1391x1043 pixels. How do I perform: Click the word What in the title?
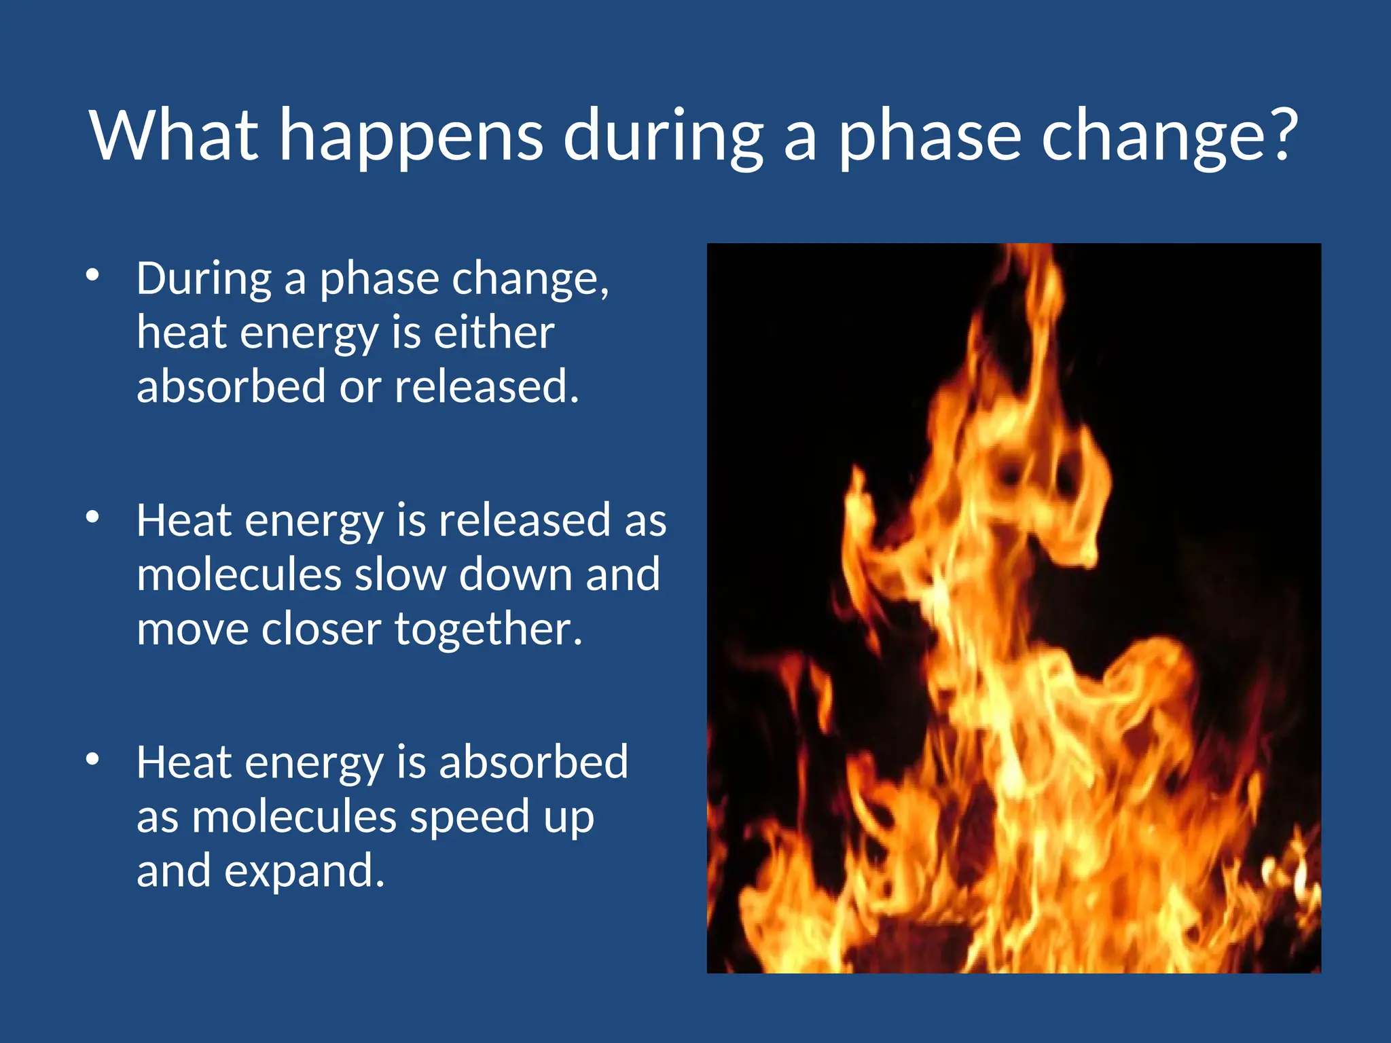click(174, 135)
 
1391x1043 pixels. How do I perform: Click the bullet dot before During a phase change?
click(93, 275)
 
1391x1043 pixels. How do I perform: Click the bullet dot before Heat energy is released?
click(93, 517)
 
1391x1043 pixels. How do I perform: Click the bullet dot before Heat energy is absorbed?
click(93, 759)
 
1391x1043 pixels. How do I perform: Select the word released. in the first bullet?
click(486, 386)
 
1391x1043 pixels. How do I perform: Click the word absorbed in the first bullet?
click(231, 386)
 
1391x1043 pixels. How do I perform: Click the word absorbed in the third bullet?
click(533, 763)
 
